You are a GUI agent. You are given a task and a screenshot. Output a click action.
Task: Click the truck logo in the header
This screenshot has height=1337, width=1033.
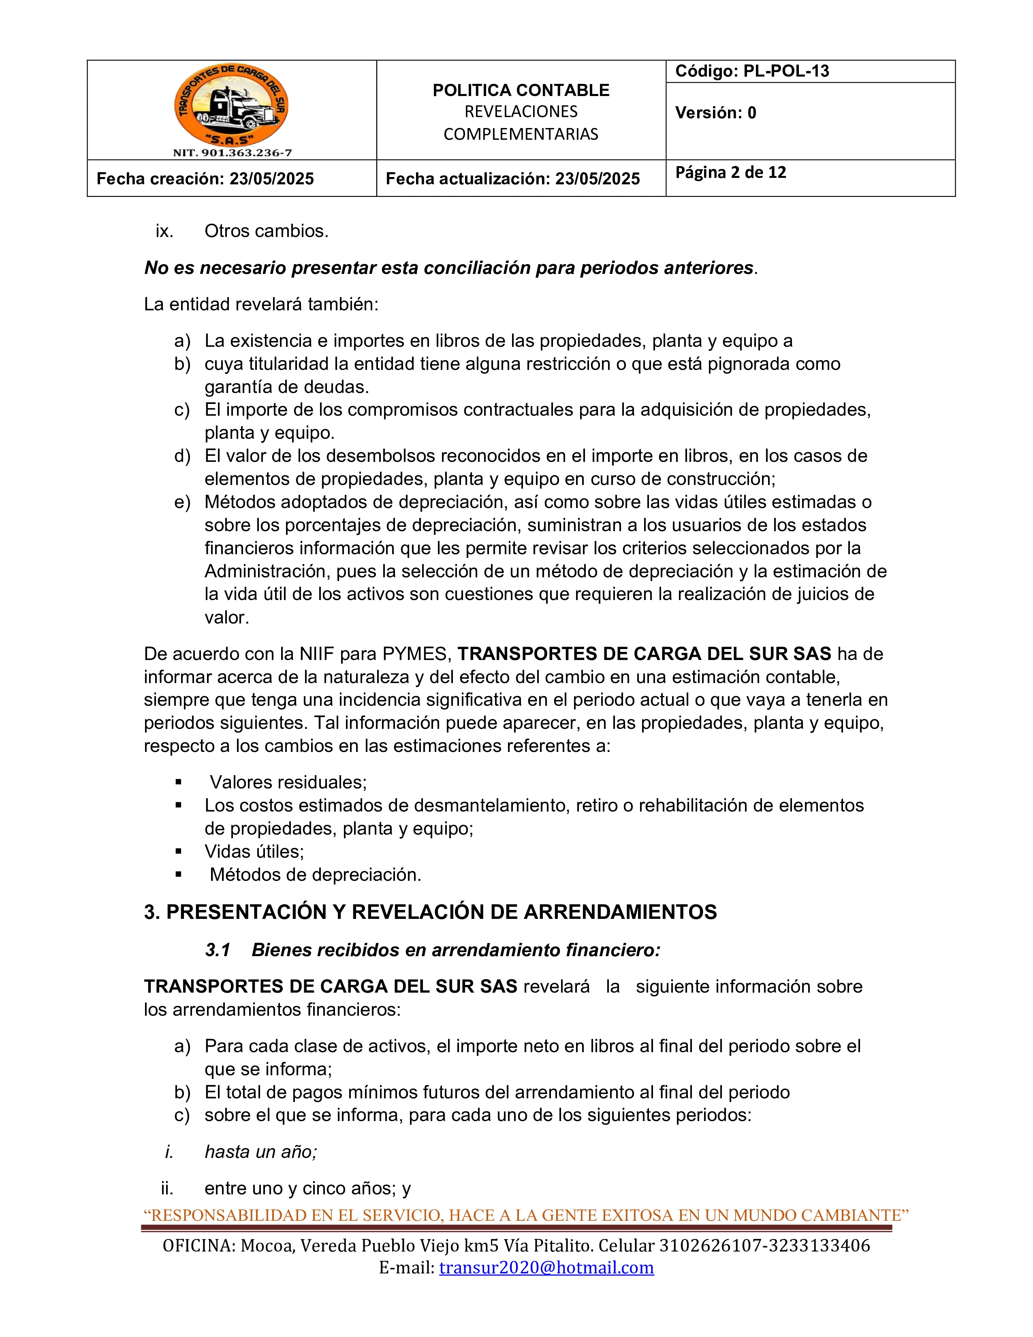pyautogui.click(x=231, y=106)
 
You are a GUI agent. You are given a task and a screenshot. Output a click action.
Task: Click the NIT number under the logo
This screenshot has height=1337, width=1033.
pyautogui.click(x=232, y=153)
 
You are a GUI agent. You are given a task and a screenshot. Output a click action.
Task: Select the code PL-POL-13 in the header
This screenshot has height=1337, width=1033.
pyautogui.click(x=786, y=71)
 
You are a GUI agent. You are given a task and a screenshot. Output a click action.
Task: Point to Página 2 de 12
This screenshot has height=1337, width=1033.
pyautogui.click(x=731, y=173)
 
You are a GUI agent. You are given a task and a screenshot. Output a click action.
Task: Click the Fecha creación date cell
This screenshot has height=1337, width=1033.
pyautogui.click(x=206, y=179)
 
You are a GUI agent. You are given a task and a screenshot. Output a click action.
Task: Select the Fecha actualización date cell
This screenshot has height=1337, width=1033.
pyautogui.click(x=513, y=179)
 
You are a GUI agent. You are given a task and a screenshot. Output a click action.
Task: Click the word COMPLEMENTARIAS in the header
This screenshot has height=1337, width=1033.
pyautogui.click(x=521, y=135)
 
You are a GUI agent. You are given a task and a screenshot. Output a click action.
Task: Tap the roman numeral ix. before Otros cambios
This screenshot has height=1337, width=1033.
pyautogui.click(x=164, y=231)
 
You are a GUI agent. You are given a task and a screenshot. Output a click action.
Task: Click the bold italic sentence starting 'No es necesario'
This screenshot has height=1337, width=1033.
pyautogui.click(x=448, y=268)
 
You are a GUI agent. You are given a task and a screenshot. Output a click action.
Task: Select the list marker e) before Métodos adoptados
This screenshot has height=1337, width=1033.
pyautogui.click(x=182, y=503)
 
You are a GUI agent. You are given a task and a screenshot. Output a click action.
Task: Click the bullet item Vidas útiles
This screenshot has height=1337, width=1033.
pyautogui.click(x=254, y=852)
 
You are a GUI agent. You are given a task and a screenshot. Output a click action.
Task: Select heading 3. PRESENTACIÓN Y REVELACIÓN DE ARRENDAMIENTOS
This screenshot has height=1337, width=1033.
pyautogui.click(x=430, y=912)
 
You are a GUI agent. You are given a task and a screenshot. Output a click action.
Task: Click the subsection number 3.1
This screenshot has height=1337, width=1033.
pyautogui.click(x=217, y=950)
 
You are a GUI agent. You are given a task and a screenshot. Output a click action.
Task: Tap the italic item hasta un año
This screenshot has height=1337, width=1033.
pyautogui.click(x=261, y=1152)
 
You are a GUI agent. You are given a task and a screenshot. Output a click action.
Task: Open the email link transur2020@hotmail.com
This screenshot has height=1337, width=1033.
pyautogui.click(x=546, y=1267)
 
